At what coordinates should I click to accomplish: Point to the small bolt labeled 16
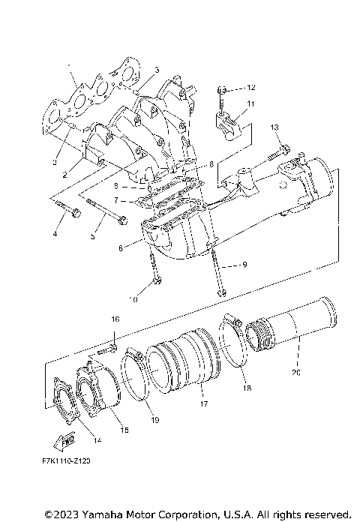(111, 347)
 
